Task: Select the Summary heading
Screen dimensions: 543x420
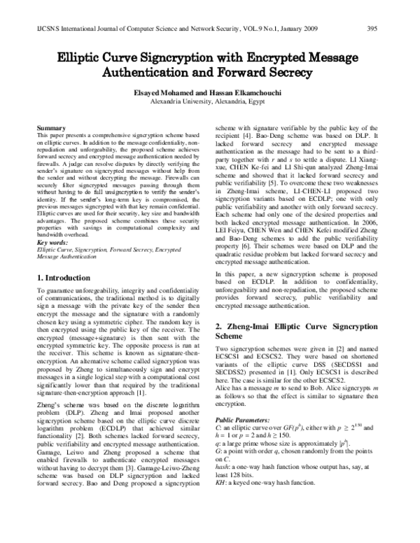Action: tap(52, 129)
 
